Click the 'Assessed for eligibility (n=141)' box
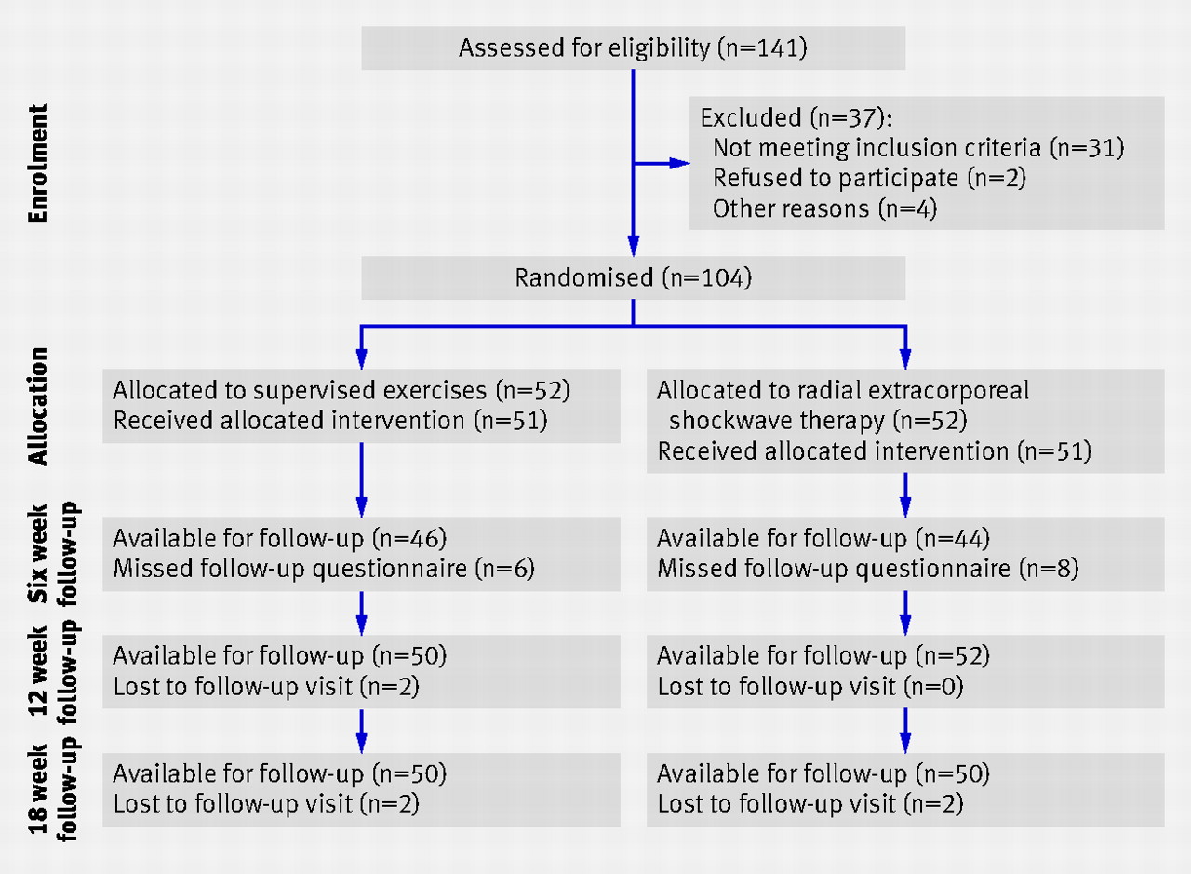pos(634,47)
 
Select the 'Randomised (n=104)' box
pos(634,277)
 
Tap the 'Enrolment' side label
pos(38,163)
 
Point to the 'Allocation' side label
pos(38,407)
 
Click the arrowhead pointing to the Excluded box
pos(679,163)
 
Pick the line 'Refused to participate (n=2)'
pos(869,178)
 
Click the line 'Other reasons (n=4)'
pos(824,208)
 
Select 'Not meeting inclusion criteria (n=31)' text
pos(918,147)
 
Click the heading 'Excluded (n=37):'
pos(796,117)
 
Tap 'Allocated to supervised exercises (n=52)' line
pos(341,390)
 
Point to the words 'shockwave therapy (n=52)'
pos(818,420)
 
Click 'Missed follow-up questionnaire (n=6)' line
pos(324,568)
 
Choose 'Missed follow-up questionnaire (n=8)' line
pos(868,568)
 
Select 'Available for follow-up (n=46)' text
pos(280,538)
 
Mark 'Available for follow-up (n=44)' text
pos(823,538)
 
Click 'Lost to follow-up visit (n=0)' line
pos(810,686)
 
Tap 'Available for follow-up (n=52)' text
pos(823,656)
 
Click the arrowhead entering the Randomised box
pos(634,247)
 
